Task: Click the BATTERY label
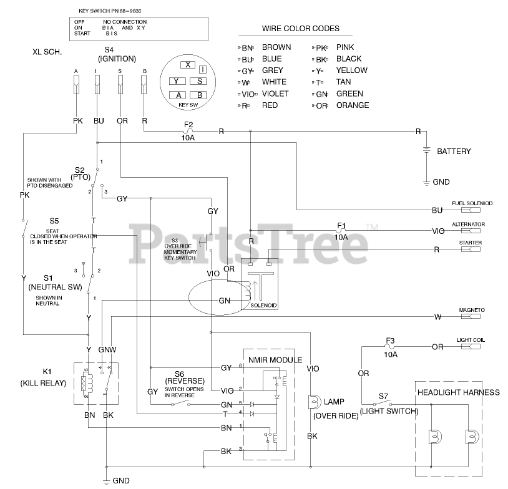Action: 454,152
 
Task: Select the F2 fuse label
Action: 188,124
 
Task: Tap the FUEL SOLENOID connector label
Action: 472,204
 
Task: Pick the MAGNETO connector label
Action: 472,310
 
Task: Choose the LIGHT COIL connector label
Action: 471,340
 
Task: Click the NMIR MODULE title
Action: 275,360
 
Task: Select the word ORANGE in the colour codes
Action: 353,105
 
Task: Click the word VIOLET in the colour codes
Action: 275,94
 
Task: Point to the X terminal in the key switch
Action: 186,65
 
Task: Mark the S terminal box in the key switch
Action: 198,81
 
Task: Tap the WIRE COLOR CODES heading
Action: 300,29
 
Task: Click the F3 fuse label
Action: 390,341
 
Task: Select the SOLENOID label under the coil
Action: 263,306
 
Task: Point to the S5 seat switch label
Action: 54,221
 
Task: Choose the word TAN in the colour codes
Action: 343,82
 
